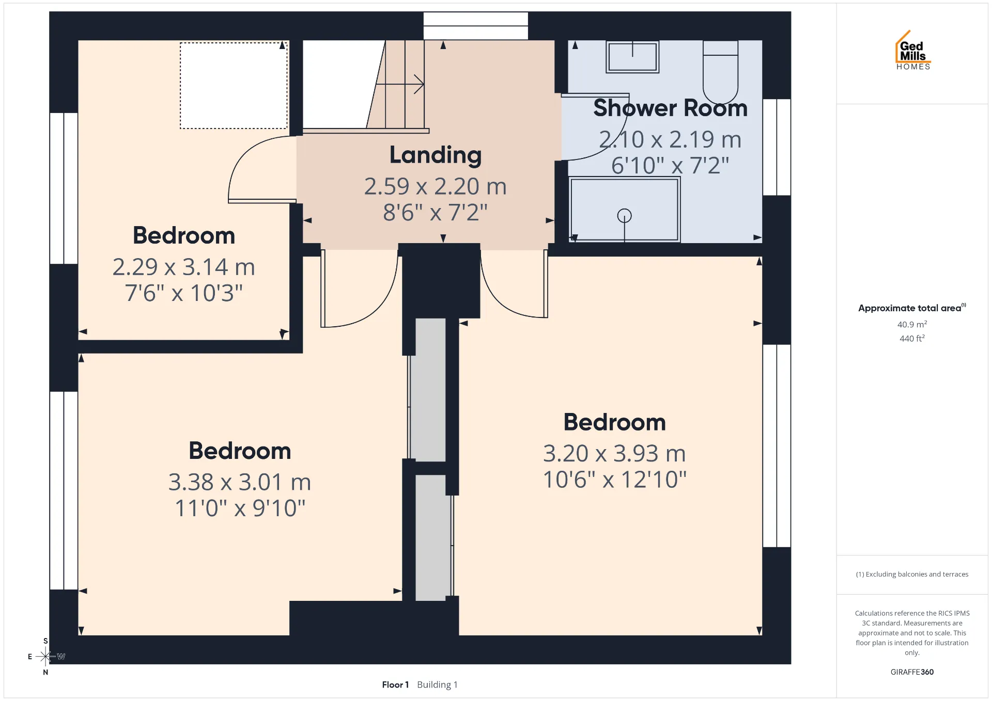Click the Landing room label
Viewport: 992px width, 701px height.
point(436,155)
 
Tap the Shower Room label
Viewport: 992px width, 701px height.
point(670,108)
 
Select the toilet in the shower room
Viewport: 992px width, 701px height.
point(720,72)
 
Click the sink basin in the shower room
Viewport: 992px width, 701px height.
point(632,57)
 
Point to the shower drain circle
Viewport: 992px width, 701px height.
point(625,215)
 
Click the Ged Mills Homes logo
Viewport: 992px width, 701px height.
point(913,51)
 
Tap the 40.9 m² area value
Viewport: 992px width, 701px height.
point(912,324)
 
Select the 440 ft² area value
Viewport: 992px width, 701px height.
point(912,338)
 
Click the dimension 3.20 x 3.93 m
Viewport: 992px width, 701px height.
point(614,453)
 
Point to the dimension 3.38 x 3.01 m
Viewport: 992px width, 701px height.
point(240,482)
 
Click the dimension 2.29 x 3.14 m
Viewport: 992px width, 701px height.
point(184,267)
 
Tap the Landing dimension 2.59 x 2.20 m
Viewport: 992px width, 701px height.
point(436,186)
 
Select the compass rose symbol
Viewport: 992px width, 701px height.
point(45,657)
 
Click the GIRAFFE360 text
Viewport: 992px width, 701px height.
point(912,672)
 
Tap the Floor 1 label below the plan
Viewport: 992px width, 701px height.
point(395,684)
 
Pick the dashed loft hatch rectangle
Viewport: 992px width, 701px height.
point(234,85)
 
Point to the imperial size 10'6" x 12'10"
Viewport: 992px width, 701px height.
point(614,480)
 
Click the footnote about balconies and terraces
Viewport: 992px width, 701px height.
point(912,574)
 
